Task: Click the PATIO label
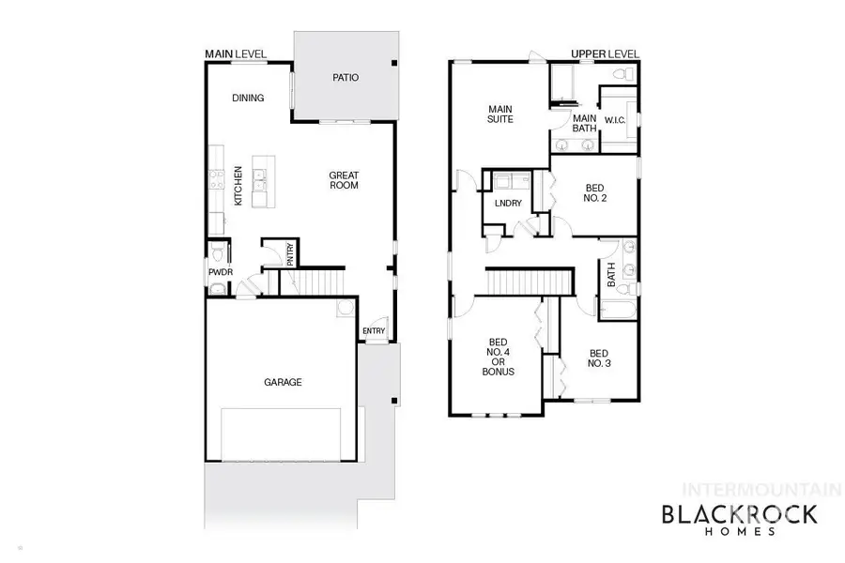click(346, 78)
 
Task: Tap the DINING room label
click(248, 98)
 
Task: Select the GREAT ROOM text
click(344, 180)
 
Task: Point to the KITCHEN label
click(238, 187)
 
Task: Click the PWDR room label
click(220, 273)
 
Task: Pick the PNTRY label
click(291, 256)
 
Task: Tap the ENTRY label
click(374, 330)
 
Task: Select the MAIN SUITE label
click(499, 114)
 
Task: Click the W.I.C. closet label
click(615, 119)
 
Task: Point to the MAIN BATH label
click(585, 124)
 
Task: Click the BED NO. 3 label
click(600, 358)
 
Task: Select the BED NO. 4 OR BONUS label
click(498, 357)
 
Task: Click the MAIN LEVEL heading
click(236, 54)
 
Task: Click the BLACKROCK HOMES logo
click(740, 518)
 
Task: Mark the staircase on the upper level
click(529, 281)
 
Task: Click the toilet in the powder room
click(218, 252)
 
